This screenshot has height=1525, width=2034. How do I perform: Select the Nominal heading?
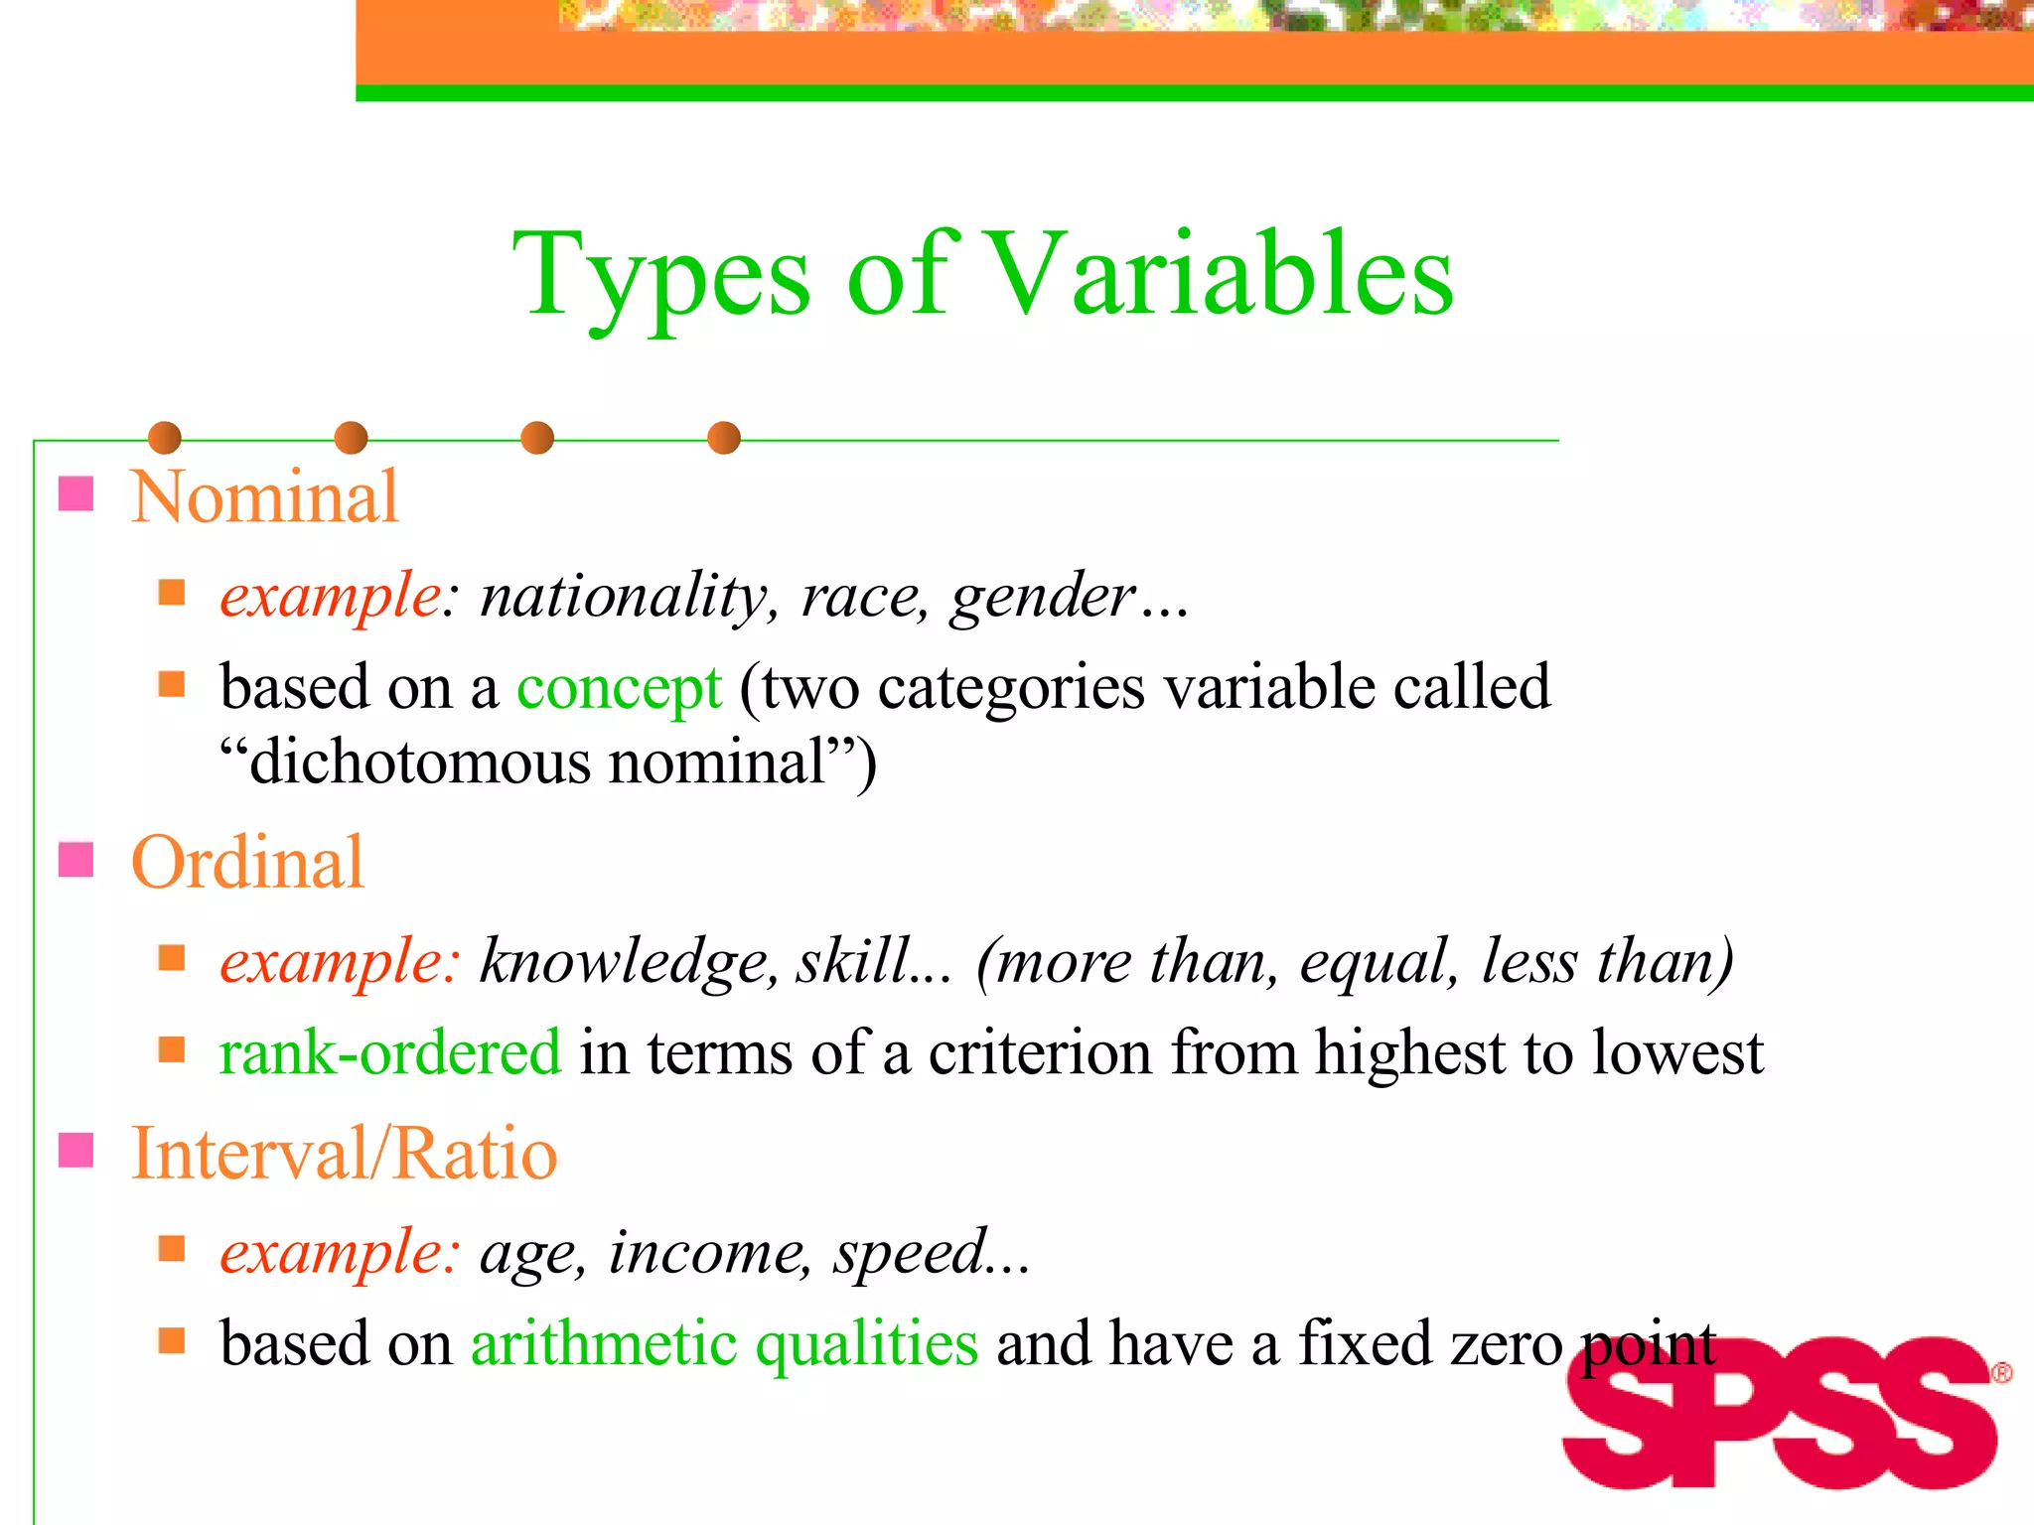pyautogui.click(x=264, y=496)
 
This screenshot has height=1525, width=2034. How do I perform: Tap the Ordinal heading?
pyautogui.click(x=247, y=862)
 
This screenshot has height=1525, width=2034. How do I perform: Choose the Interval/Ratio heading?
pyautogui.click(x=344, y=1154)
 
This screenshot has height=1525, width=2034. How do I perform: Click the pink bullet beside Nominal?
pyautogui.click(x=76, y=493)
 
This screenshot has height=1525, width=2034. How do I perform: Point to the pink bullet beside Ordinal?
pyautogui.click(x=76, y=860)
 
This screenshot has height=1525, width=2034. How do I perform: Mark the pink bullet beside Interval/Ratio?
pyautogui.click(x=76, y=1151)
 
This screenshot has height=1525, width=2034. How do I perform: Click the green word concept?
pyautogui.click(x=619, y=688)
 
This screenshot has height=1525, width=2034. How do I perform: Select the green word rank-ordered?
pyautogui.click(x=390, y=1052)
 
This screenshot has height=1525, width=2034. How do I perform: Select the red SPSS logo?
pyautogui.click(x=1778, y=1413)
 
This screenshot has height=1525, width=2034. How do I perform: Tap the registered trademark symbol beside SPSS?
pyautogui.click(x=2001, y=1373)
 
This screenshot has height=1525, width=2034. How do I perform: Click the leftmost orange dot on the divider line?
pyautogui.click(x=165, y=438)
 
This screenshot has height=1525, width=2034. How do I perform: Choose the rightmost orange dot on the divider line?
pyautogui.click(x=724, y=438)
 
